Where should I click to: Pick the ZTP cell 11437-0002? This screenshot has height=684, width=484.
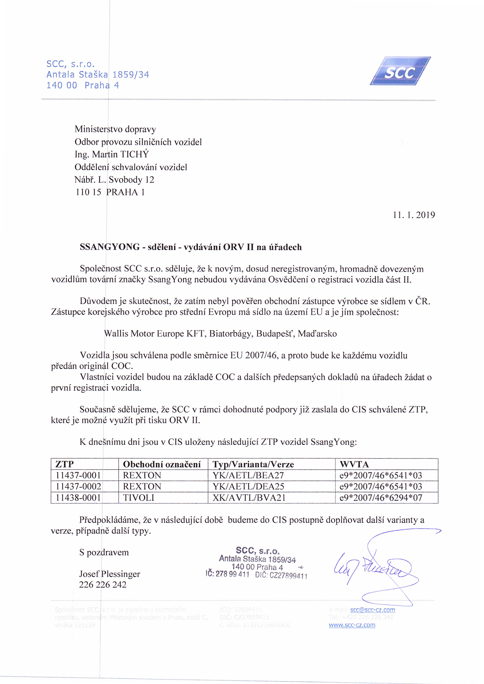click(x=78, y=486)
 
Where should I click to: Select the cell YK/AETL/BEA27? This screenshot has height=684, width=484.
click(x=248, y=475)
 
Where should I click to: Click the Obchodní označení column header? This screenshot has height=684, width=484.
click(x=162, y=464)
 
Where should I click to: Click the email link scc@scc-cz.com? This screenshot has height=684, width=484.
click(x=373, y=610)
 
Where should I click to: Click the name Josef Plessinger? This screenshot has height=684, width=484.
click(x=109, y=574)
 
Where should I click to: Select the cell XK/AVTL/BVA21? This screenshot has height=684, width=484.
click(x=249, y=498)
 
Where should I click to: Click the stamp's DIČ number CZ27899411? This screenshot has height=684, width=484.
click(x=288, y=576)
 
